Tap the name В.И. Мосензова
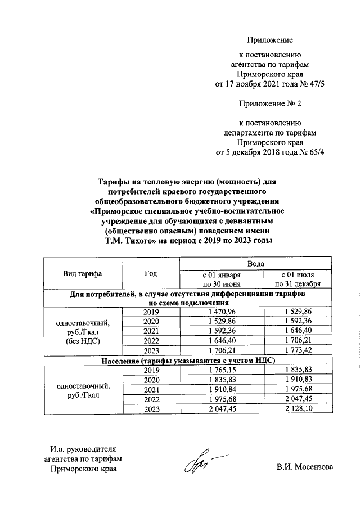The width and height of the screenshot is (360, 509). point(304,467)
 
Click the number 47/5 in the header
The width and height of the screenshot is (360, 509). point(317,84)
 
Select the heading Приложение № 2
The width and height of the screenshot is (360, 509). point(270,105)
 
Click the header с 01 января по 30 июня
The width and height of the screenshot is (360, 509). point(222,280)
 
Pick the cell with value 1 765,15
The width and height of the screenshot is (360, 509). point(222,370)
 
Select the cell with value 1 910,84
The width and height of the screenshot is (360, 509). point(222,390)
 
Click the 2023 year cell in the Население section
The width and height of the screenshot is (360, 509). point(151,409)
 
